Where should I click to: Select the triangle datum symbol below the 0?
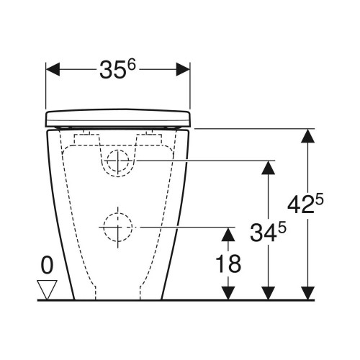48,289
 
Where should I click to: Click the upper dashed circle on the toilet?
117,163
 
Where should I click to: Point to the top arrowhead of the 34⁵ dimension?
268,167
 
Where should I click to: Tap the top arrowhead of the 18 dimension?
228,233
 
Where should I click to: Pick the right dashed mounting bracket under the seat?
150,135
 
